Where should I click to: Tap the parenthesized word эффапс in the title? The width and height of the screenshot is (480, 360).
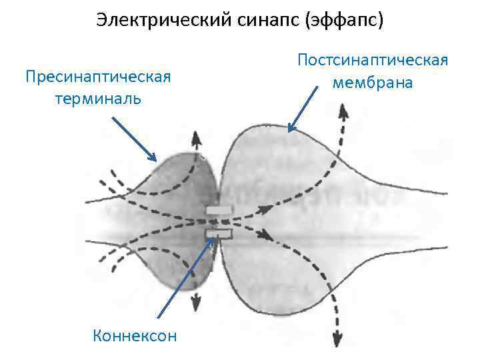(344, 21)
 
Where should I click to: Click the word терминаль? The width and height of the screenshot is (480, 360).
(98, 98)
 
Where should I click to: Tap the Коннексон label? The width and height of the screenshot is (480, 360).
(135, 335)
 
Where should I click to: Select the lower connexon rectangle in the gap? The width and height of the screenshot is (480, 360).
(218, 233)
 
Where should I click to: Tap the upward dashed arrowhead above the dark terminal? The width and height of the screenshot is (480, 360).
(196, 138)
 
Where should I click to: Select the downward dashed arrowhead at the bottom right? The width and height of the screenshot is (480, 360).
(337, 337)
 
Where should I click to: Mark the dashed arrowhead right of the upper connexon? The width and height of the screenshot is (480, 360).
(265, 208)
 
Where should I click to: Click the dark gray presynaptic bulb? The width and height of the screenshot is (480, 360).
(180, 193)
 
